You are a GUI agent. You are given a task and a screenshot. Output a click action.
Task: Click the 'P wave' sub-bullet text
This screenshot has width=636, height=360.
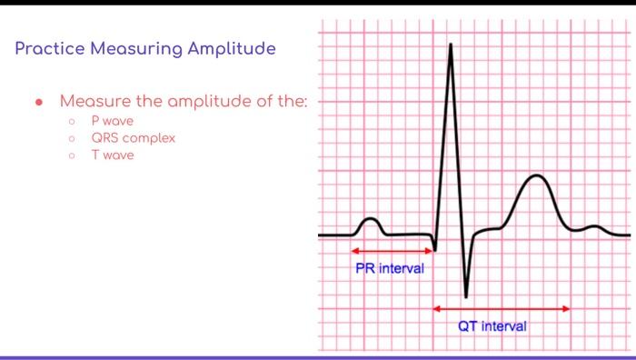pyautogui.click(x=112, y=121)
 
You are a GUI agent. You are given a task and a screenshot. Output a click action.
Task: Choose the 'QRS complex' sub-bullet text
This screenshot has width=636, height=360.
pyautogui.click(x=133, y=138)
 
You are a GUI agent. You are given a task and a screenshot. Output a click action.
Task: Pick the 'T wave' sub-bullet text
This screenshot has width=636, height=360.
pyautogui.click(x=112, y=155)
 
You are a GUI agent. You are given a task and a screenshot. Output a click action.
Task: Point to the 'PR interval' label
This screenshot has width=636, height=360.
pyautogui.click(x=389, y=268)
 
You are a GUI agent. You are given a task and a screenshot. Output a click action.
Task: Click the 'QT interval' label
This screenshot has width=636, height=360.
pyautogui.click(x=492, y=325)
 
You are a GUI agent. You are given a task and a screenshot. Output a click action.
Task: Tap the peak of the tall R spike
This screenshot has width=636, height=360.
pyautogui.click(x=450, y=45)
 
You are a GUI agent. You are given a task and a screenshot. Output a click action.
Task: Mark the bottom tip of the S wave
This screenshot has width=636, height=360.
pyautogui.click(x=466, y=296)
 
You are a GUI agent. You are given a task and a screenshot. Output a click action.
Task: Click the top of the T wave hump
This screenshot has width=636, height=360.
pyautogui.click(x=537, y=175)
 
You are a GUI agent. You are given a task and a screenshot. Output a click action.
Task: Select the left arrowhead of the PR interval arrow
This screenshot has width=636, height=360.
pyautogui.click(x=354, y=251)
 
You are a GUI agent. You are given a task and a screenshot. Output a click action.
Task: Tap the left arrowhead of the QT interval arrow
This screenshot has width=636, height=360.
pyautogui.click(x=437, y=309)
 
